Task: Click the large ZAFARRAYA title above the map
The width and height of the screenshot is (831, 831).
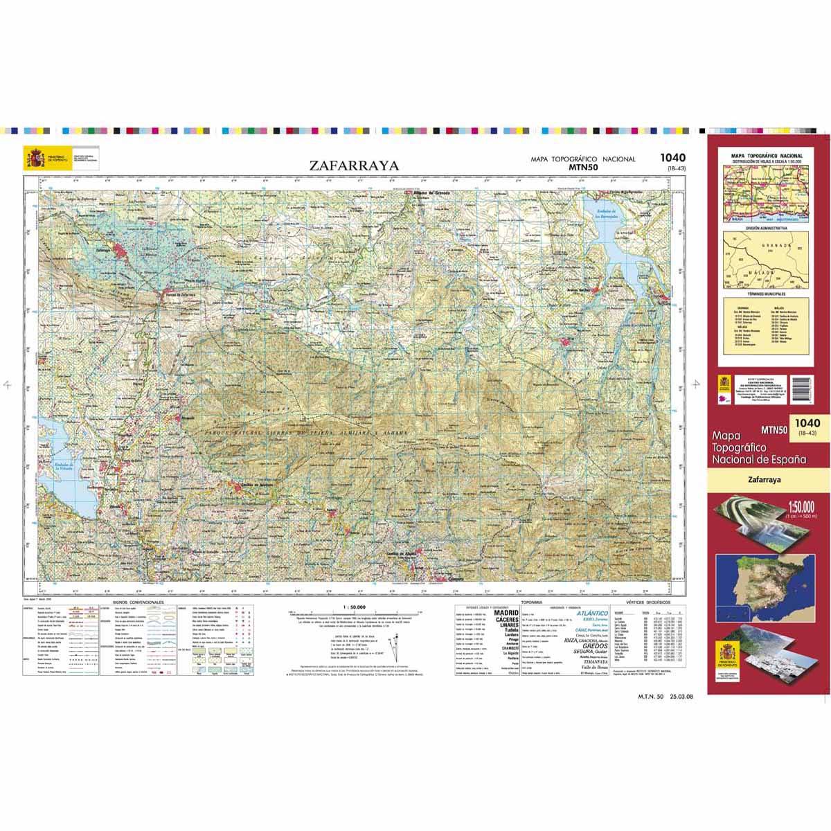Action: pos(355,166)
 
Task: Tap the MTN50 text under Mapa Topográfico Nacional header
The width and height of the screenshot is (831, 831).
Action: pos(582,167)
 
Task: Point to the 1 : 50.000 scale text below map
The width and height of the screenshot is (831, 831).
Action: pos(353,607)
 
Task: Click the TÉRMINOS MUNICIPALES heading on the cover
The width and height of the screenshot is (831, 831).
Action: pos(765,296)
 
